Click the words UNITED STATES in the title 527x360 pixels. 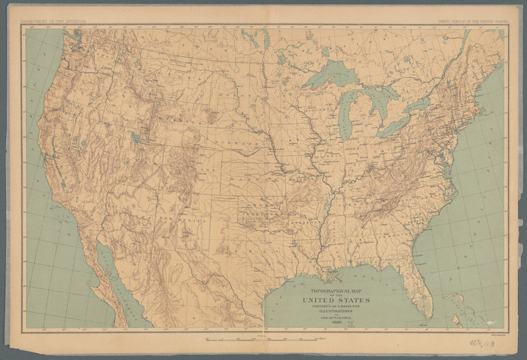tap(336, 300)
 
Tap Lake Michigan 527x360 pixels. tap(345, 111)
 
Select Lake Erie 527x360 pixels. tap(394, 126)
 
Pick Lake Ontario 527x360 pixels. tap(418, 105)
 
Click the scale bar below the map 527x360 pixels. tap(263, 340)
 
